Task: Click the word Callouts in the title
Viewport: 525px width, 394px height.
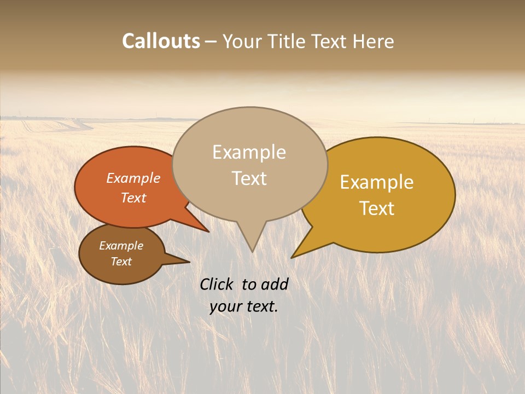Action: click(x=161, y=41)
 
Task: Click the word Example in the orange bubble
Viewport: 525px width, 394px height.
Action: click(x=133, y=178)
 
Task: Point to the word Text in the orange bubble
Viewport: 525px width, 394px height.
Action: click(x=133, y=198)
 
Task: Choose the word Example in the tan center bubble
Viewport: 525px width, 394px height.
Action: click(x=249, y=152)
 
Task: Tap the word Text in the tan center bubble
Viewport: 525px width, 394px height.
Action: click(x=249, y=178)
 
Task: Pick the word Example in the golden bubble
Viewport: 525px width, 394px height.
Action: click(x=377, y=182)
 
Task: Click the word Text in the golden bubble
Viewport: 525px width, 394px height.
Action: click(x=377, y=208)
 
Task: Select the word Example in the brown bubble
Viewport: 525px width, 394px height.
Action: click(x=121, y=246)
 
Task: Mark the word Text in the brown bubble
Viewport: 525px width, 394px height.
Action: click(x=121, y=262)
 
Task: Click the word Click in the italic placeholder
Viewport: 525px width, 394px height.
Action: click(x=217, y=284)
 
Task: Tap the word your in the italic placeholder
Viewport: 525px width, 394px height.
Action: click(x=225, y=306)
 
